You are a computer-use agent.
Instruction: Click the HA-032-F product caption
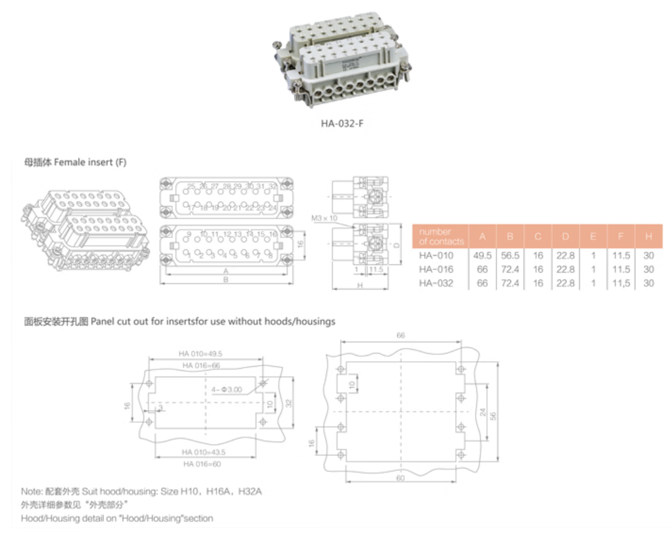[x=342, y=123]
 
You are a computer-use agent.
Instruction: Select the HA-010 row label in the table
[x=436, y=255]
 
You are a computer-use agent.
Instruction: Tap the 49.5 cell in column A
[x=482, y=255]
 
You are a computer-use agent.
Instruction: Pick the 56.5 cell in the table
[x=510, y=255]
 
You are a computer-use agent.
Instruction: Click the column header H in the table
[x=648, y=236]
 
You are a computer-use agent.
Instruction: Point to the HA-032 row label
[x=436, y=283]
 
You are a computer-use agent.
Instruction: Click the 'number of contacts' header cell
[x=441, y=236]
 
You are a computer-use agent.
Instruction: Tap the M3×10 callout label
[x=324, y=218]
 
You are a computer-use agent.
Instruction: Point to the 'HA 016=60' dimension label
[x=202, y=464]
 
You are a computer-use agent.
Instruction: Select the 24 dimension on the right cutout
[x=482, y=413]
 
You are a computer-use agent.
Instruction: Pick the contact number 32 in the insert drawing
[x=273, y=187]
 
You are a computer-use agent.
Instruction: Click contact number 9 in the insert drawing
[x=189, y=234]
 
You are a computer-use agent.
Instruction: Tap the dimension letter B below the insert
[x=226, y=281]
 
